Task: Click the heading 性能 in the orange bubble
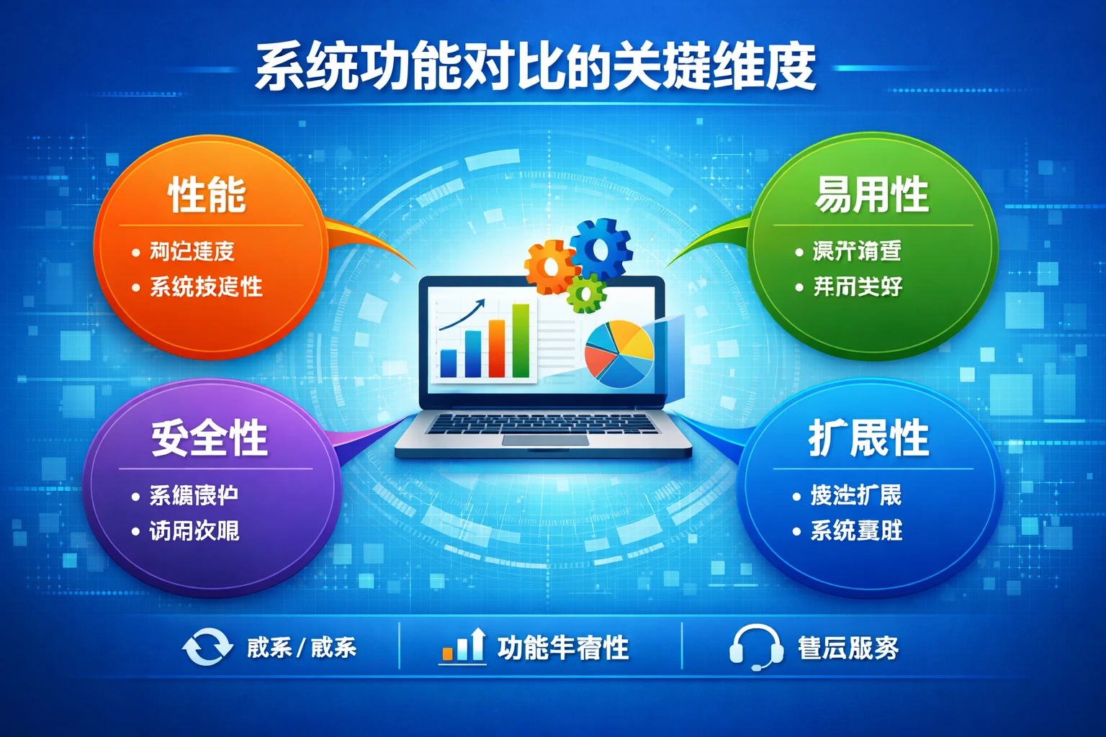[207, 195]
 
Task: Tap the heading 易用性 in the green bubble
[871, 195]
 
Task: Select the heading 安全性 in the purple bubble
[209, 438]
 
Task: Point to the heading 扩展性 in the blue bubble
[868, 438]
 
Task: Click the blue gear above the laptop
[601, 249]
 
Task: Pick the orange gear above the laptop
[550, 267]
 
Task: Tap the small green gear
[586, 293]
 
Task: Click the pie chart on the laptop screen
[619, 353]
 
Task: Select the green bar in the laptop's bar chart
[521, 340]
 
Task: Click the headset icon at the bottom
[755, 647]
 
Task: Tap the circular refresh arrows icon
[207, 646]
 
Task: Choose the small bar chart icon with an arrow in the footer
[463, 646]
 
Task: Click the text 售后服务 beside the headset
[848, 648]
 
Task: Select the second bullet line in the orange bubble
[205, 287]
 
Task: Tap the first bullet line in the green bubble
[856, 251]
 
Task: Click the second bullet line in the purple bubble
[194, 531]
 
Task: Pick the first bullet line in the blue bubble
[855, 495]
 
